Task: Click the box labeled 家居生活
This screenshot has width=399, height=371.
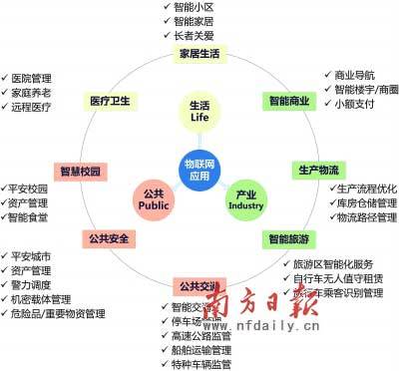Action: click(x=199, y=53)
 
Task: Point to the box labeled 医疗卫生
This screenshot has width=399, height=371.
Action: click(x=111, y=101)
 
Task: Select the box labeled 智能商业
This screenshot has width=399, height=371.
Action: click(x=288, y=101)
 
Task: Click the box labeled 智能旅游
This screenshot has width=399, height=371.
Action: click(x=287, y=238)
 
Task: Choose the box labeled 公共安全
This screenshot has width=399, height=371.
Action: click(x=111, y=238)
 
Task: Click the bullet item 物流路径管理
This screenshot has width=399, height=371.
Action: click(x=366, y=216)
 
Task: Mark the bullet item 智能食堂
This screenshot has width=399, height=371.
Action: click(x=33, y=216)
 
